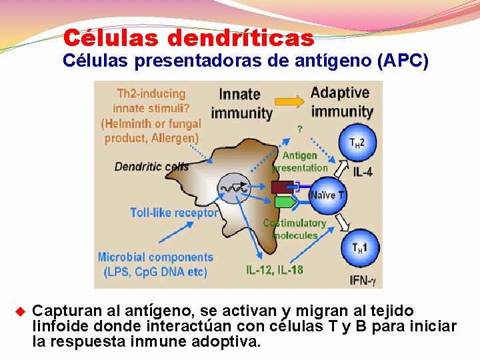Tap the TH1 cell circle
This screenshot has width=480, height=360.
359,247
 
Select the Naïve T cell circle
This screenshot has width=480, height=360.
327,195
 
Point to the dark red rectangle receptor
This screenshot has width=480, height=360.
283,187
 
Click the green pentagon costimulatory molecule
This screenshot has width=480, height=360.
285,202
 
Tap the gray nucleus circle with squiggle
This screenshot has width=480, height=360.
234,189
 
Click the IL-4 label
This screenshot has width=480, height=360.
362,173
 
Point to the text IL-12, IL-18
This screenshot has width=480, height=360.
274,270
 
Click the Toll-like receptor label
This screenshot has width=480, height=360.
174,213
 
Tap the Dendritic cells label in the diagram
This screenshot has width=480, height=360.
151,167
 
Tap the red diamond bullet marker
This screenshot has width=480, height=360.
19,311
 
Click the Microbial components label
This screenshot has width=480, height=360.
155,257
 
